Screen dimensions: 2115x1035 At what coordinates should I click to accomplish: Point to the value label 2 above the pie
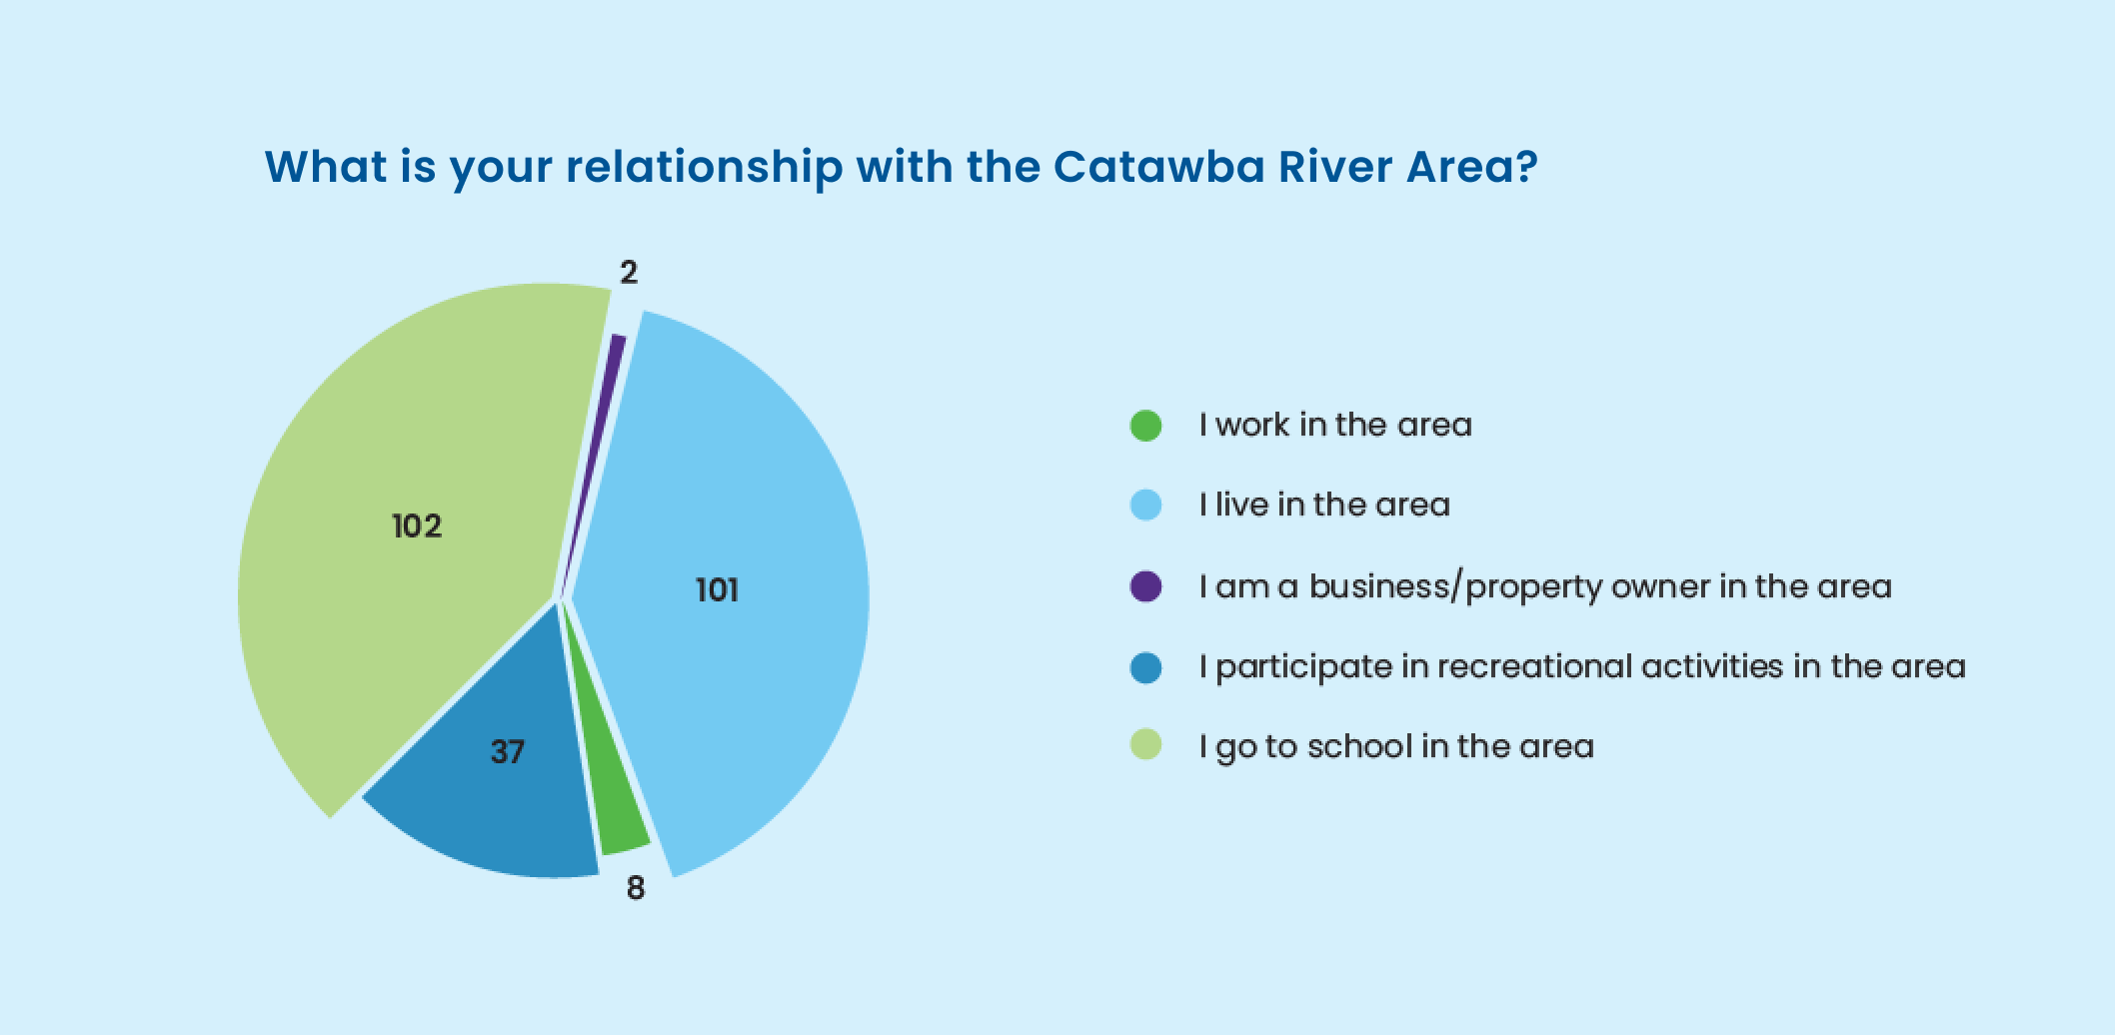(x=629, y=272)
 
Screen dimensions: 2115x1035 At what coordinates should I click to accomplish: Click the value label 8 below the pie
(x=636, y=888)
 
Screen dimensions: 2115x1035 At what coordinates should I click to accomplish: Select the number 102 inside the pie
(x=417, y=525)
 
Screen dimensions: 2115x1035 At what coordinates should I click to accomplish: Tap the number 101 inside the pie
(x=717, y=590)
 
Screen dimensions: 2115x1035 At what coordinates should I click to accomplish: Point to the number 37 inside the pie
(x=508, y=751)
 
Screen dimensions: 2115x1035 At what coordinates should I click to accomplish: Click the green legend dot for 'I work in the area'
(x=1146, y=426)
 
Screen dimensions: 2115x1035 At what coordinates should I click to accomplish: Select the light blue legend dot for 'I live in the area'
(x=1146, y=506)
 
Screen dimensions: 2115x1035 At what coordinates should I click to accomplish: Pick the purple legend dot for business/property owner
(x=1146, y=586)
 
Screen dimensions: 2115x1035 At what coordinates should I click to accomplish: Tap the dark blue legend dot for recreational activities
(x=1146, y=667)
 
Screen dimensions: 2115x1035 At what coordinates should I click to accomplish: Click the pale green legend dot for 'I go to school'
(x=1146, y=745)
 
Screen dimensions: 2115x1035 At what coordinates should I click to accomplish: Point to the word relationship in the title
(x=705, y=168)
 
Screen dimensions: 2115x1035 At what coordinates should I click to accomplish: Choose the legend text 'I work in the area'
(x=1335, y=425)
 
